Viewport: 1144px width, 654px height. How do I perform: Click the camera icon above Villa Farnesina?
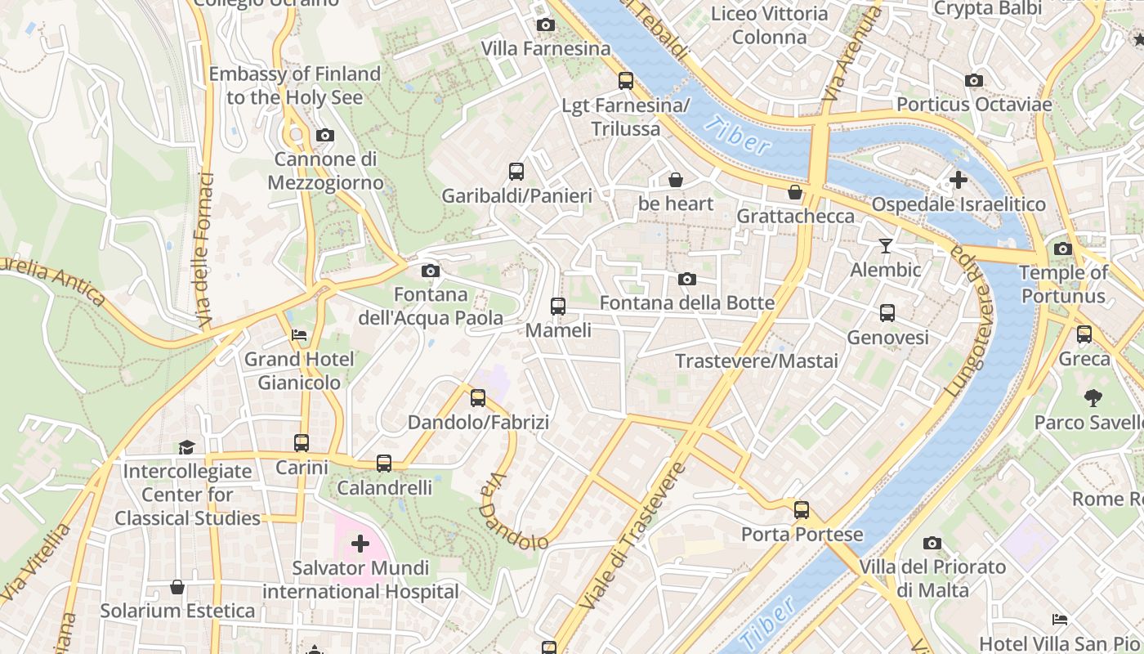click(545, 25)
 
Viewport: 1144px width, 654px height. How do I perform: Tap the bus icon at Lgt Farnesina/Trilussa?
click(625, 81)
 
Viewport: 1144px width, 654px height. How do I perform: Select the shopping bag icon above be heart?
click(676, 180)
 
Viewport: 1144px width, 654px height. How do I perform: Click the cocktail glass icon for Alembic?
click(885, 245)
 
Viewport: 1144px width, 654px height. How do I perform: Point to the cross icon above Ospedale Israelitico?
click(959, 180)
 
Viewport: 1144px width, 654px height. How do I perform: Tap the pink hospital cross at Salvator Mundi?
click(360, 544)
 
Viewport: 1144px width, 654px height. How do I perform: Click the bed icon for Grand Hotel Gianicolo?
click(299, 335)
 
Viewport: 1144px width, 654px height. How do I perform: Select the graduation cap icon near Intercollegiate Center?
click(187, 447)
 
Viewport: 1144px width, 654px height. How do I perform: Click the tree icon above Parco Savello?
click(1093, 398)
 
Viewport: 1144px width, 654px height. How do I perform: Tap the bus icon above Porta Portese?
click(801, 510)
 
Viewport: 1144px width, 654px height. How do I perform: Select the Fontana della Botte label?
click(686, 303)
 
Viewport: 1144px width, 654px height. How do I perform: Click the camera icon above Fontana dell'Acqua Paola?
click(430, 271)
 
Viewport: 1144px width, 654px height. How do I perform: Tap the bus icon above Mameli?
click(558, 307)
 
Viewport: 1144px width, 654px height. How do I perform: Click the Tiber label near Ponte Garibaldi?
click(737, 136)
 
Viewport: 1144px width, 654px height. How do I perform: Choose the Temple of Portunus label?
click(1063, 284)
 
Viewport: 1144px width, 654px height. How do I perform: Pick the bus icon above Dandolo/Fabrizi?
click(478, 398)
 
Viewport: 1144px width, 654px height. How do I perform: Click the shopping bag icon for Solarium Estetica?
click(177, 587)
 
